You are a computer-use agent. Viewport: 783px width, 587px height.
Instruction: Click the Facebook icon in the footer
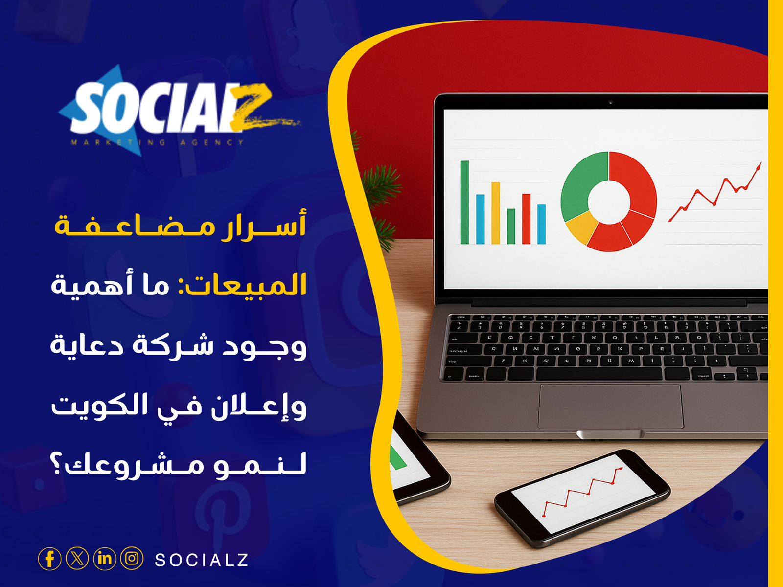(x=49, y=559)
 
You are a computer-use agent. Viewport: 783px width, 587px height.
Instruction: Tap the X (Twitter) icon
(x=77, y=559)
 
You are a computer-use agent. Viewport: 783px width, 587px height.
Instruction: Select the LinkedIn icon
(x=105, y=559)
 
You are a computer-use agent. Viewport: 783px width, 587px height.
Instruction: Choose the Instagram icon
(x=132, y=559)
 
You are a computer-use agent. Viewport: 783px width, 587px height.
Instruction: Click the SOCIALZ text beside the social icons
(x=202, y=560)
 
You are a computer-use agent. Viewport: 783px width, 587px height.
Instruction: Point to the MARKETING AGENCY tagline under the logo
(x=158, y=142)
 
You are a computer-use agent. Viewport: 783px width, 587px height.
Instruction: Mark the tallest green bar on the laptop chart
(x=464, y=202)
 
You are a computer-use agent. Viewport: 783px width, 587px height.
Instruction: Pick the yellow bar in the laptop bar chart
(x=496, y=213)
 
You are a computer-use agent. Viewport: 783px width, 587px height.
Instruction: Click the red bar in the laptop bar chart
(x=526, y=219)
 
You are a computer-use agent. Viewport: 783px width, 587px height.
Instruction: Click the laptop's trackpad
(x=610, y=406)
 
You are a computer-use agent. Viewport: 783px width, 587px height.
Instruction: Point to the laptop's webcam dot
(x=610, y=102)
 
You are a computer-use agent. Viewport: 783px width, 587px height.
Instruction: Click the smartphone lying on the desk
(x=582, y=498)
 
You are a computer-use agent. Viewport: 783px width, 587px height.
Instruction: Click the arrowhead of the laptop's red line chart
(x=759, y=166)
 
